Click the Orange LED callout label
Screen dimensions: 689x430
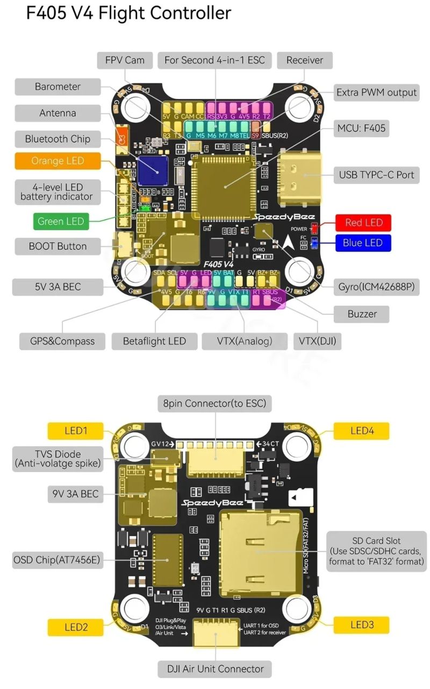click(58, 161)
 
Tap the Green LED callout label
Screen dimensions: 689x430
click(60, 221)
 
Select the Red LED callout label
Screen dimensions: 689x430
click(363, 223)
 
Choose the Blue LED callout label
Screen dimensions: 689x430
click(363, 243)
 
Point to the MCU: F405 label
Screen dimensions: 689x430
click(361, 128)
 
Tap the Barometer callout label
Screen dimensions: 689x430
click(58, 87)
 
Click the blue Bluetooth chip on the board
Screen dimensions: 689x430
click(153, 169)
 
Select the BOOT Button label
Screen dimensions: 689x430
click(58, 246)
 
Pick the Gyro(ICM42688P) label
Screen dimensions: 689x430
click(376, 287)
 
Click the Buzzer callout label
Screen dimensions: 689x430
click(362, 314)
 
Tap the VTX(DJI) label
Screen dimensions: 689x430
click(317, 341)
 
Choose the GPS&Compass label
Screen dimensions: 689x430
click(62, 341)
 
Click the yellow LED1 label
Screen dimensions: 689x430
click(75, 431)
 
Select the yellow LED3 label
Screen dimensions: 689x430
click(362, 625)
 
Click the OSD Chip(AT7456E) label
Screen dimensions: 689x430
click(57, 560)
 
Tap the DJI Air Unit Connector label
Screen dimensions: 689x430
click(215, 669)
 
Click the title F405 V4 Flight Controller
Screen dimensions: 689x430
click(129, 13)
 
